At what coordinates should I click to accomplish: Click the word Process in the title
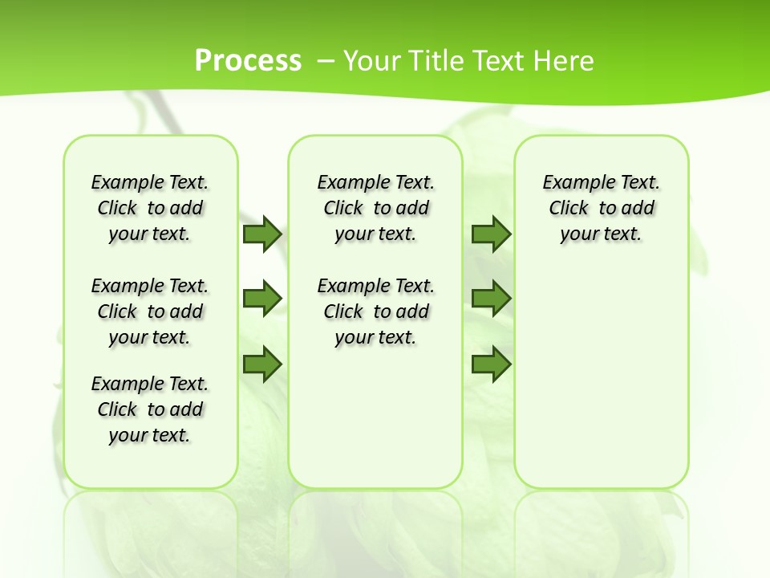[x=248, y=60]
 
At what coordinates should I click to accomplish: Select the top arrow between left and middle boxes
[x=262, y=234]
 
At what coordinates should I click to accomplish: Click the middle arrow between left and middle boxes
[x=262, y=299]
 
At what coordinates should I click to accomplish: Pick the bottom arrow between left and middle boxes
[x=262, y=364]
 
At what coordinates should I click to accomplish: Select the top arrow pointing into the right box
[x=491, y=234]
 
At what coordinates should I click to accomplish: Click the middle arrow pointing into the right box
[x=491, y=299]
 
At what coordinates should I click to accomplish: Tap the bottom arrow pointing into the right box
[x=491, y=364]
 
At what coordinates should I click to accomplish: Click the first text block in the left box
[x=150, y=208]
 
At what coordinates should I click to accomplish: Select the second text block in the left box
[x=150, y=311]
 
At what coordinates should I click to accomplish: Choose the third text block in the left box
[x=150, y=409]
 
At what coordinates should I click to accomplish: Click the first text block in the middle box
[x=375, y=208]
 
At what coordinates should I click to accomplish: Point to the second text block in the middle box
[x=375, y=311]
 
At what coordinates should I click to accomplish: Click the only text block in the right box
[x=601, y=208]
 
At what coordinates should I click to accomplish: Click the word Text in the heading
[x=498, y=60]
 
